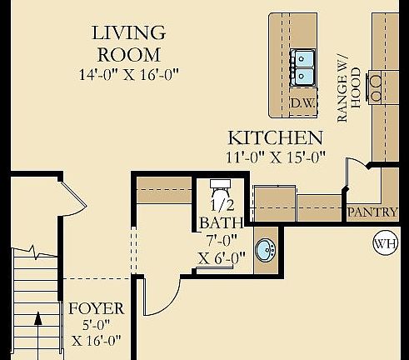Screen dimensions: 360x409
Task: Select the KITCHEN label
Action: (275, 137)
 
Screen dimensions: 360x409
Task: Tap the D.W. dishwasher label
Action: (301, 103)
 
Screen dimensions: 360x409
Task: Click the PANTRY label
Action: (372, 212)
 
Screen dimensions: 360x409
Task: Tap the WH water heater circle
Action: (386, 245)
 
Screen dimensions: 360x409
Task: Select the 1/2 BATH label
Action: (221, 215)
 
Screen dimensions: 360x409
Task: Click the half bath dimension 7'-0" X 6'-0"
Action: (221, 250)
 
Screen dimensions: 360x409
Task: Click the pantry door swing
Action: (357, 171)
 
